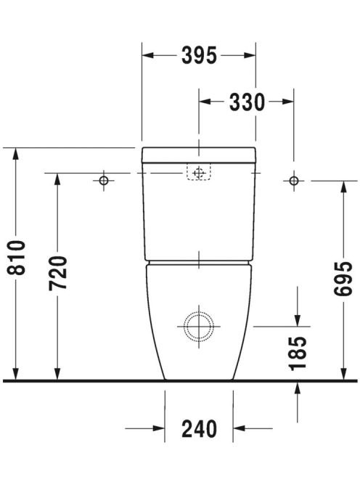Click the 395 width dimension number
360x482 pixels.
pyautogui.click(x=199, y=56)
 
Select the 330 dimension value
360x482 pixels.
pyautogui.click(x=247, y=102)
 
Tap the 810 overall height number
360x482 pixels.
pyautogui.click(x=16, y=258)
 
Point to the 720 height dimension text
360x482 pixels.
pyautogui.click(x=58, y=273)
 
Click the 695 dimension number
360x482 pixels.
pyautogui.click(x=343, y=279)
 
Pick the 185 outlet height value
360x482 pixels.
pyautogui.click(x=298, y=354)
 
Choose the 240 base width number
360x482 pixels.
pyautogui.click(x=199, y=429)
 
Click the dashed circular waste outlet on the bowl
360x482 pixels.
pyautogui.click(x=199, y=327)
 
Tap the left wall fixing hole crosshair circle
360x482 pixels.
pyautogui.click(x=104, y=181)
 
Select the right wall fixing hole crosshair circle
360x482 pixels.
pyautogui.click(x=294, y=181)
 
